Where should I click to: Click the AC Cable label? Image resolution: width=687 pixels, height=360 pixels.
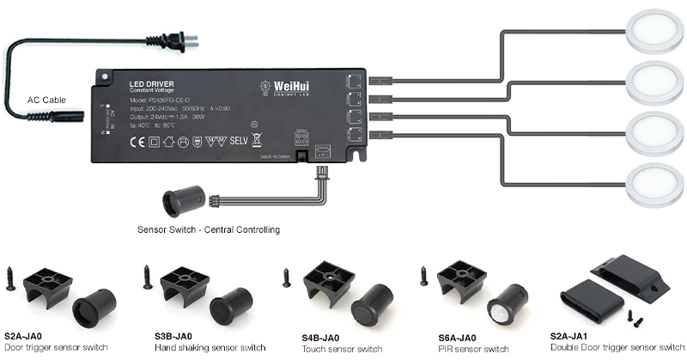(x=46, y=99)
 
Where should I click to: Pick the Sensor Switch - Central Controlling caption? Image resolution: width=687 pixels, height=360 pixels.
(x=209, y=229)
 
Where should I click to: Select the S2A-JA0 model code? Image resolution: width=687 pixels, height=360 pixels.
(x=24, y=335)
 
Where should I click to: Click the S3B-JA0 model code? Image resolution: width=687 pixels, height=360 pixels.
(x=173, y=335)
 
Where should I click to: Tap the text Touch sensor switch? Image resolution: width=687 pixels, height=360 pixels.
(x=342, y=349)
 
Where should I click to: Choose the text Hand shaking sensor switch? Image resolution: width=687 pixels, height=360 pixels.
(x=210, y=348)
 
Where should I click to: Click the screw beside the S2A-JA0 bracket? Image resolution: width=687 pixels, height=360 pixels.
(x=10, y=278)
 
